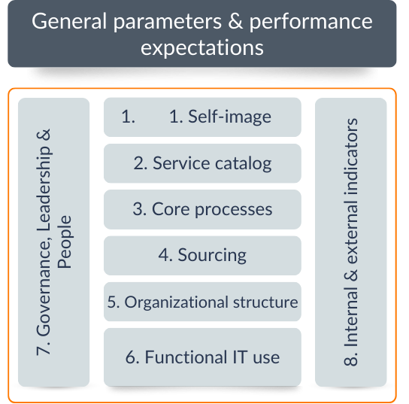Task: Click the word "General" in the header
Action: pyautogui.click(x=69, y=21)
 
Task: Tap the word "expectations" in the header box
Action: pyautogui.click(x=202, y=48)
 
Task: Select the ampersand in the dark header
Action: pyautogui.click(x=235, y=21)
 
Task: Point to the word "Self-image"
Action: pyautogui.click(x=229, y=117)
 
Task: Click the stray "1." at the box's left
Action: pyautogui.click(x=128, y=117)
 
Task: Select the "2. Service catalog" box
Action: pyautogui.click(x=202, y=163)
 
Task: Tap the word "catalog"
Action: pyautogui.click(x=243, y=164)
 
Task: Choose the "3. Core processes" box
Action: pyautogui.click(x=202, y=209)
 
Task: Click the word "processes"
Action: pyautogui.click(x=234, y=211)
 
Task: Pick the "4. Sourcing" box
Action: pyautogui.click(x=202, y=256)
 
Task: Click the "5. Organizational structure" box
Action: pyautogui.click(x=202, y=302)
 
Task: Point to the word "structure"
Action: pyautogui.click(x=265, y=302)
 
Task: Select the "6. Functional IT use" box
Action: pyautogui.click(x=202, y=357)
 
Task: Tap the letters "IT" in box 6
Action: pyautogui.click(x=239, y=357)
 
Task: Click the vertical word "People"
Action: pyautogui.click(x=65, y=242)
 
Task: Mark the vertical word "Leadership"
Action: pyautogui.click(x=44, y=188)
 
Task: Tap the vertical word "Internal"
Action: pyautogui.click(x=351, y=317)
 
